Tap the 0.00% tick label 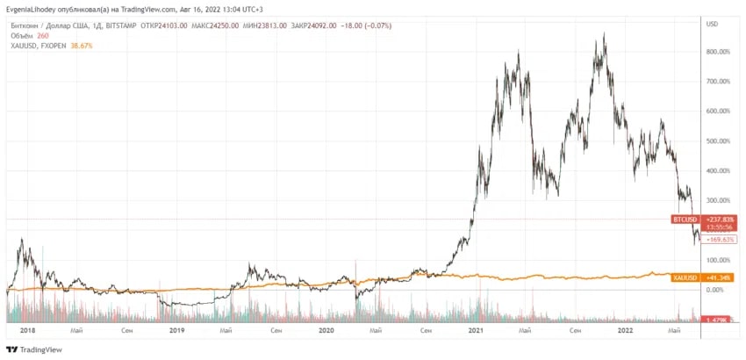(717, 290)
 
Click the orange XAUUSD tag (685, 278)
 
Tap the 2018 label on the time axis (27, 331)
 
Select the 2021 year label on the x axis (477, 331)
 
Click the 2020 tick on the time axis (326, 331)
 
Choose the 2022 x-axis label (626, 331)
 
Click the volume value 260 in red (43, 35)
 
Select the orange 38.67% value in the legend (81, 45)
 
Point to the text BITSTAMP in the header (132, 26)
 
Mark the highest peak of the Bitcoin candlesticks (604, 34)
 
